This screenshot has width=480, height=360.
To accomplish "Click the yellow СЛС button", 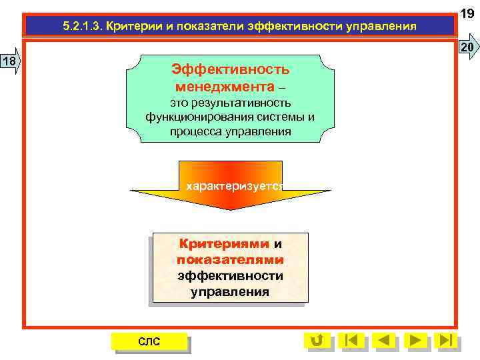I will click(x=149, y=341).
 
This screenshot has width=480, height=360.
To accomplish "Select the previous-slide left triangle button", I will click(x=383, y=340).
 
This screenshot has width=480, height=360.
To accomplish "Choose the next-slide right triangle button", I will click(x=415, y=340).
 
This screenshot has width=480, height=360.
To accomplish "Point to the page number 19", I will click(x=469, y=12).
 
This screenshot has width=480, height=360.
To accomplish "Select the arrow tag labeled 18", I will click(x=11, y=62).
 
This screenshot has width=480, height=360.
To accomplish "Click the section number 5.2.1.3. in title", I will click(x=83, y=27).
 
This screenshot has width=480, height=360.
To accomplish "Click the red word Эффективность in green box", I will click(x=230, y=69).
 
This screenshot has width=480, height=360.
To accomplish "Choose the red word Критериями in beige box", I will click(x=223, y=244).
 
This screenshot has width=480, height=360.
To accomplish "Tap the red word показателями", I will click(x=230, y=259).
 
